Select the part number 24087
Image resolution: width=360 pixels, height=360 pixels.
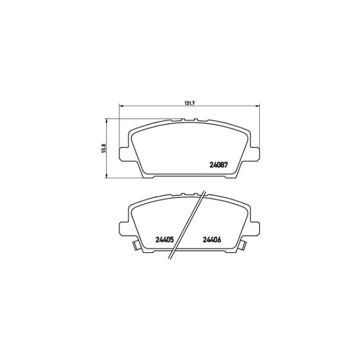coord(218,165)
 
